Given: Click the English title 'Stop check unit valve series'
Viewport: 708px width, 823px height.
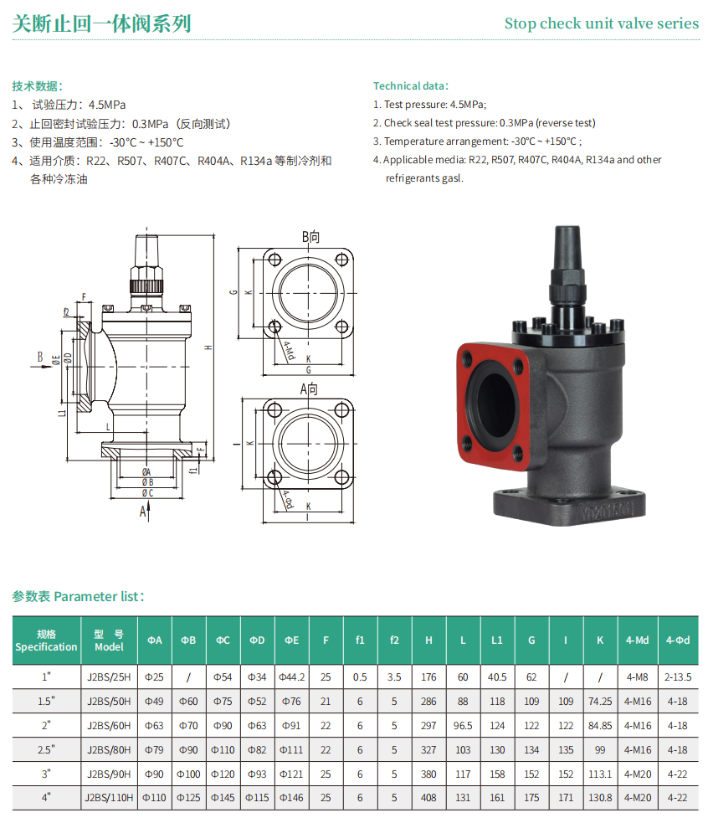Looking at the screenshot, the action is [602, 23].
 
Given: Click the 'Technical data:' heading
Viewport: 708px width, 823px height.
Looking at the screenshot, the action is [411, 86].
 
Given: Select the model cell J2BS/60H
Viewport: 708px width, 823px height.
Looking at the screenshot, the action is [109, 725].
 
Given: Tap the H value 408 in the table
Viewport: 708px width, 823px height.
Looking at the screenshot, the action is [428, 797].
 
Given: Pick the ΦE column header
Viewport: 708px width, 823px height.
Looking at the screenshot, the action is [292, 640].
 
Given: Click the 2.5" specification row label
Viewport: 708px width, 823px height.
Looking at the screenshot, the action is [46, 749].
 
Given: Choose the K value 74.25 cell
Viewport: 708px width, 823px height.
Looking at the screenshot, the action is [600, 702].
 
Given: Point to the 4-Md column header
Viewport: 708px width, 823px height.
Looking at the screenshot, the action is [637, 640].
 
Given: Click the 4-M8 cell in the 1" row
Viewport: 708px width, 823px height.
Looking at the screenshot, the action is [637, 677].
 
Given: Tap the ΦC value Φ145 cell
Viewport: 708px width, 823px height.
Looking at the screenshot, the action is [223, 797].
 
